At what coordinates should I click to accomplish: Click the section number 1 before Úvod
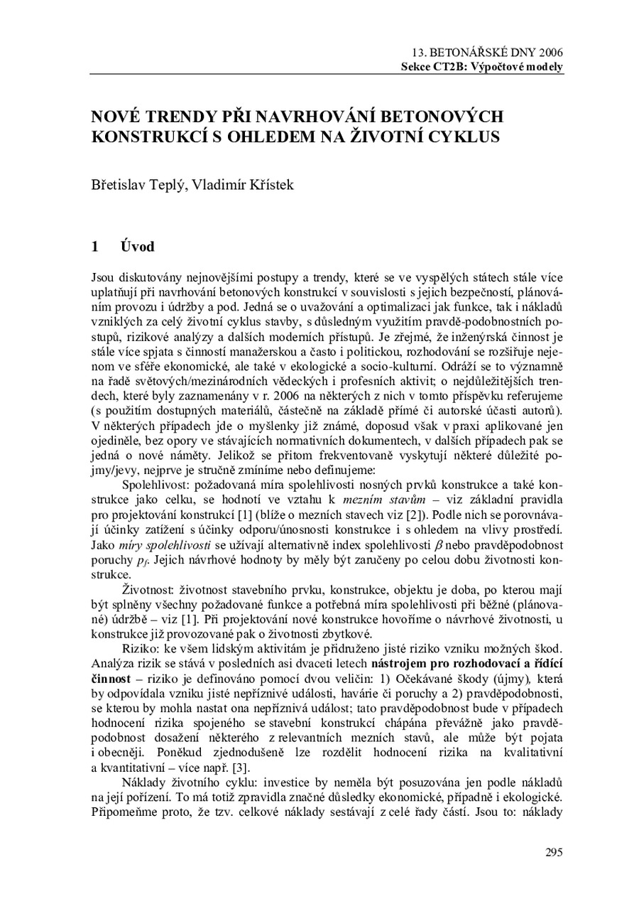coord(94,247)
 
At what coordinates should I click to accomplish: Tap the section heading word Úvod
coord(138,247)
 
